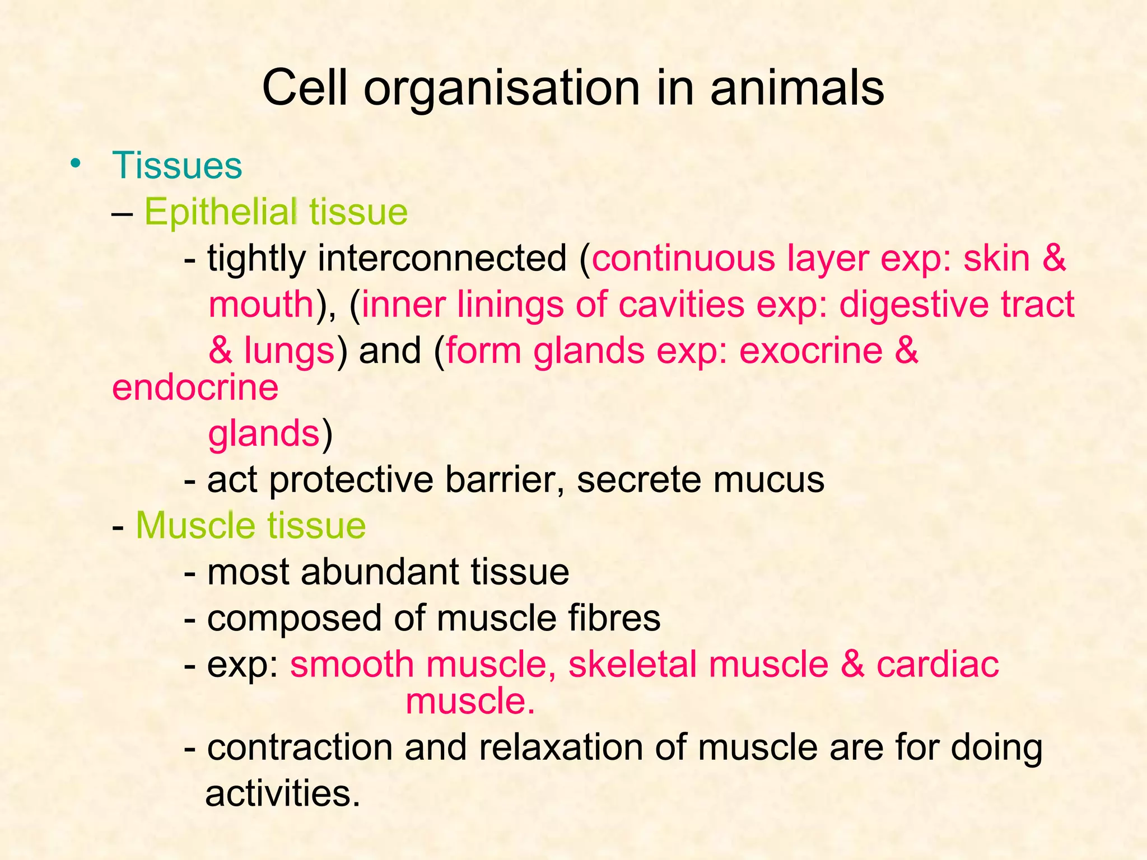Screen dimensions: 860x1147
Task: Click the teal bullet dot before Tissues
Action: pos(75,164)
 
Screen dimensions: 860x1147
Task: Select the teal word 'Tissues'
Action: pos(177,166)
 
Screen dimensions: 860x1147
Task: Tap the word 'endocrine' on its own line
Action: pos(195,387)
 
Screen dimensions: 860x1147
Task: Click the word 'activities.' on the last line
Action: pos(283,793)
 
